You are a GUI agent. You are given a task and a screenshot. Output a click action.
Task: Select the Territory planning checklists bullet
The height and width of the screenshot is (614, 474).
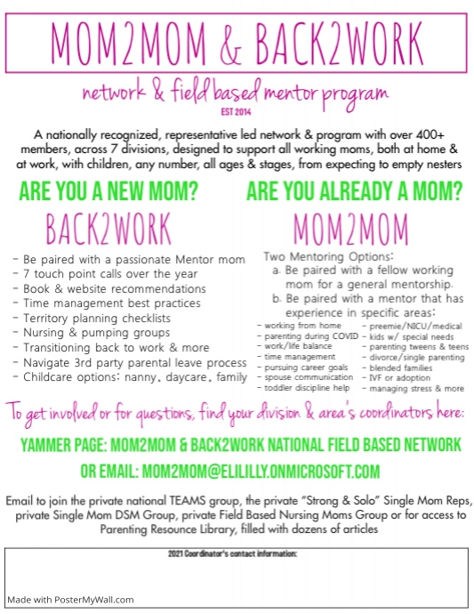pos(103,318)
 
